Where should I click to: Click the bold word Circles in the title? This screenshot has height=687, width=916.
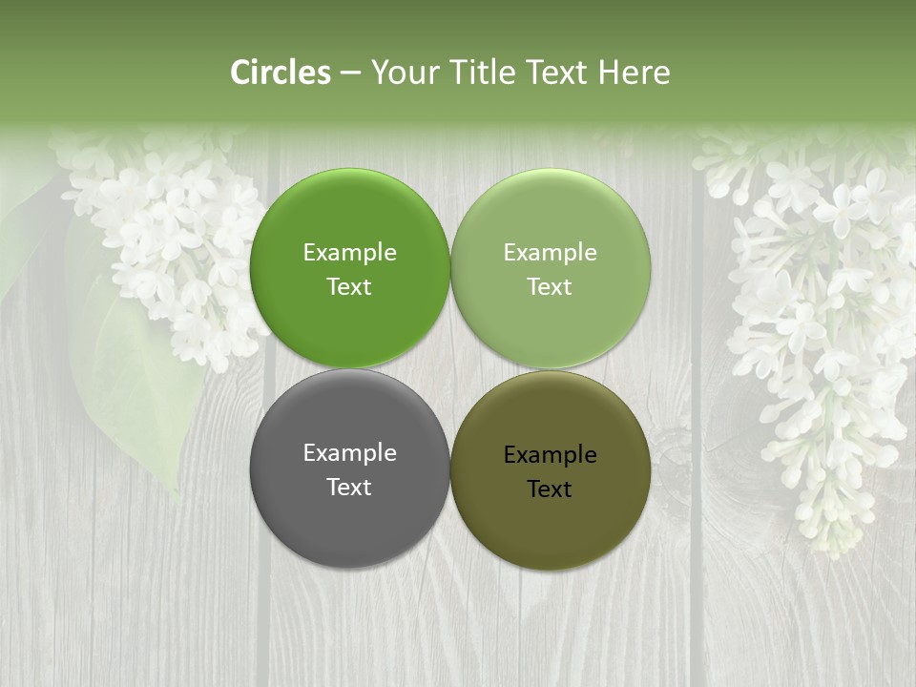[x=281, y=73]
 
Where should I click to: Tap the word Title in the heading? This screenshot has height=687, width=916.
[x=479, y=73]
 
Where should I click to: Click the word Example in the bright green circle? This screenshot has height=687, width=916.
[x=349, y=253]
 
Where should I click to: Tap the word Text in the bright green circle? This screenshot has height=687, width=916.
[x=349, y=287]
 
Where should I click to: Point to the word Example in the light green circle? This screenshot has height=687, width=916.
[x=551, y=253]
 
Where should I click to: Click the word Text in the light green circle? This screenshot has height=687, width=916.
[x=551, y=287]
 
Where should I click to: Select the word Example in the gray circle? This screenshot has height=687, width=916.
[x=349, y=453]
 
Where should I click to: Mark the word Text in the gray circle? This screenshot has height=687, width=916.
[x=349, y=488]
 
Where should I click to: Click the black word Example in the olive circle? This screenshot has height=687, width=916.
[x=551, y=455]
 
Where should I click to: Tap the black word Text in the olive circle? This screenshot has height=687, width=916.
[x=551, y=489]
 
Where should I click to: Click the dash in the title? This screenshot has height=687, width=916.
[x=350, y=73]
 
